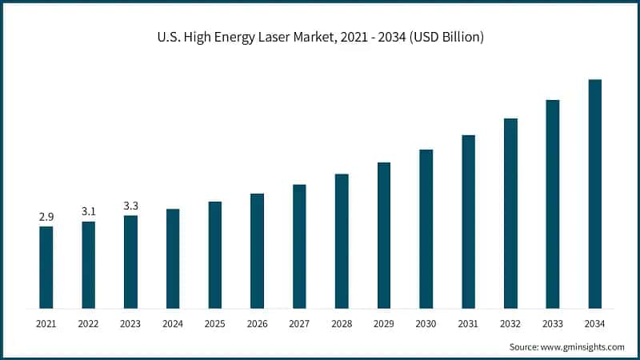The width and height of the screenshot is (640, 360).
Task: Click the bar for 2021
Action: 46,267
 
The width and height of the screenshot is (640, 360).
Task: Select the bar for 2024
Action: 173,258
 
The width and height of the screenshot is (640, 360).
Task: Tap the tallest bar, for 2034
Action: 594,194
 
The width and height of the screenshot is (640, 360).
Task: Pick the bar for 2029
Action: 384,235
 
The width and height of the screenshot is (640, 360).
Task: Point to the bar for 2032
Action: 510,213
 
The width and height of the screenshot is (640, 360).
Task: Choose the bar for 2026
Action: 257,250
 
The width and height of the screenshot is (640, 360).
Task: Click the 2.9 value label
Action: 46,217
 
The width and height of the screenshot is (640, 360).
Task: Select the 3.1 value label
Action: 89,211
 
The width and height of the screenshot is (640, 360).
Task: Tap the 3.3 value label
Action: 130,206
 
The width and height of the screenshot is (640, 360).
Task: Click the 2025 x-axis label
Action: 215,324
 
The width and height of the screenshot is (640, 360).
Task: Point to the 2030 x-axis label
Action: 426,324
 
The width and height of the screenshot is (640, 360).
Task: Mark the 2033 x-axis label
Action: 552,324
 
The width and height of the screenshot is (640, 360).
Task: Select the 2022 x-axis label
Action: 89,324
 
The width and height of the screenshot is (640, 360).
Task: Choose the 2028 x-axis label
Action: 342,324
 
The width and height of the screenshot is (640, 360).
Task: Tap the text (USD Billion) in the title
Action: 444,38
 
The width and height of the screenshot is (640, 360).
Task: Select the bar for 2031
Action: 468,222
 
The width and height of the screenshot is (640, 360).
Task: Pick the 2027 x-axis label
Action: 299,324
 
